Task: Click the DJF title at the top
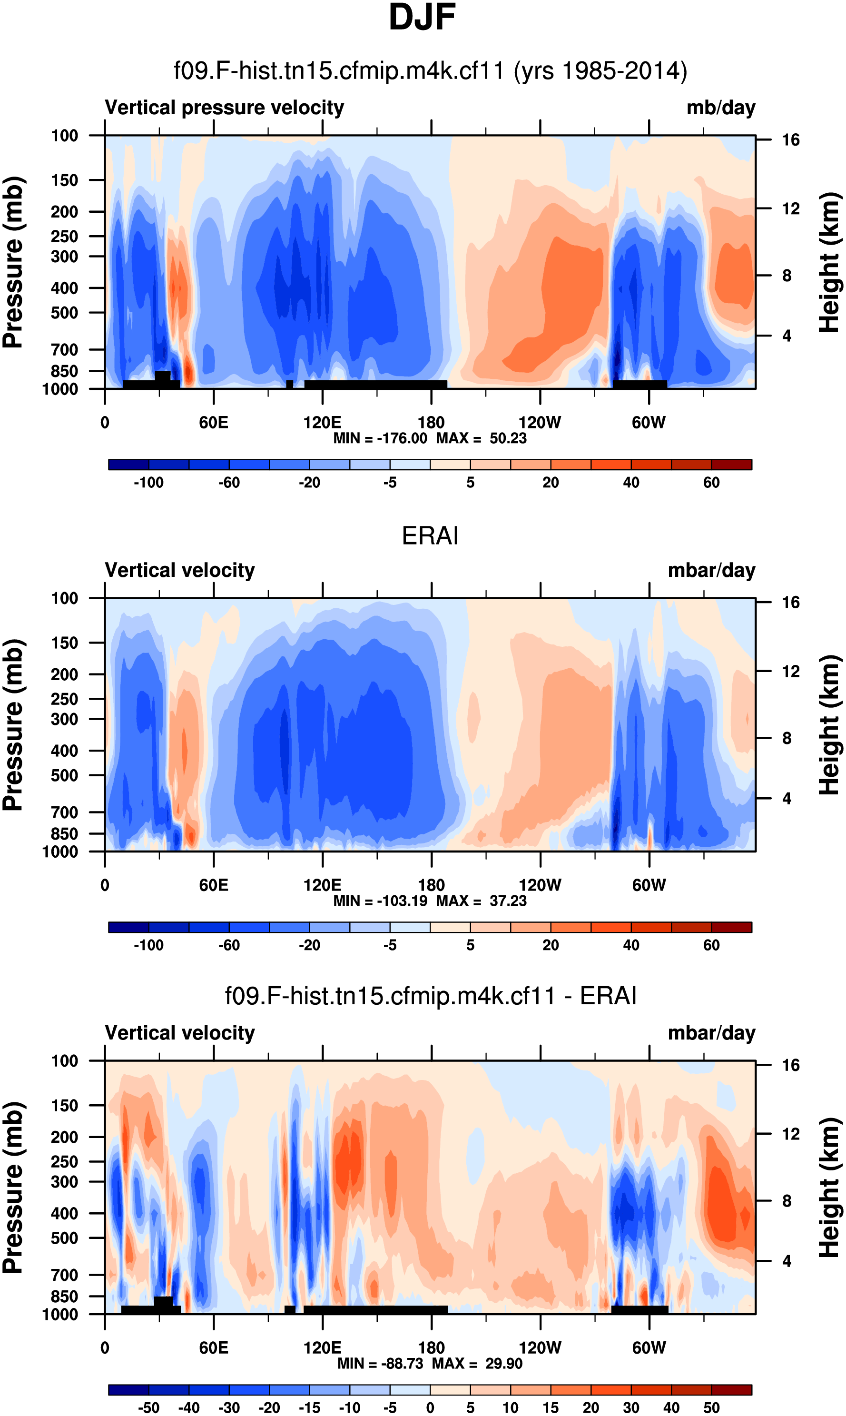coord(422,17)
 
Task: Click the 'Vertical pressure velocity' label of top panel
coord(224,108)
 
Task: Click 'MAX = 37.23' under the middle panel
coord(481,901)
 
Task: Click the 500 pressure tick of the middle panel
coord(64,775)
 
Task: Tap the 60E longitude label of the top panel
coord(214,423)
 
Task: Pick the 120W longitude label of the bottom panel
coord(540,1347)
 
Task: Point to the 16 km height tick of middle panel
coord(790,602)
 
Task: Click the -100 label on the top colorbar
coord(148,483)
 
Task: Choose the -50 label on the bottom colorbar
coord(148,1408)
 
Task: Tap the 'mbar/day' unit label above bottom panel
coord(711,1033)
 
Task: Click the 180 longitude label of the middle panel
coord(431,885)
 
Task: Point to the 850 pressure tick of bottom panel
coord(64,1296)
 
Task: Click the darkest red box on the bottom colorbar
coord(731,1390)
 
